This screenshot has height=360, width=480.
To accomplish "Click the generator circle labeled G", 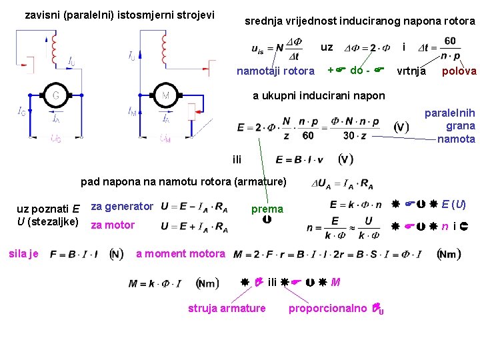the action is point(55,95).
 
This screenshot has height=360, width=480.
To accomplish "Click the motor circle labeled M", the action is point(165,95).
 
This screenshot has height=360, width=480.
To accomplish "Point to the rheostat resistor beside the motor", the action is point(192,111).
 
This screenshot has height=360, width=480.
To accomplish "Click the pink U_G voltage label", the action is point(56,139).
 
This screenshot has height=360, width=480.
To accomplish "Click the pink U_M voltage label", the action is point(165,139).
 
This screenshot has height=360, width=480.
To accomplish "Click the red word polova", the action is point(459,71).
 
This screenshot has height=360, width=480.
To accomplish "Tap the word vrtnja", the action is point(411,71).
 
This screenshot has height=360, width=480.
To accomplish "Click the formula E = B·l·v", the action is point(299,159).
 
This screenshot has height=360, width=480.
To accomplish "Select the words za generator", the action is point(122,207).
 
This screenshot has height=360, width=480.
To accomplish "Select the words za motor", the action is point(113,225).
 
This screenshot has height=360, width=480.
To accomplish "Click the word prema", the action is point(267,209).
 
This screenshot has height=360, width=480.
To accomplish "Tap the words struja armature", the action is point(227,307).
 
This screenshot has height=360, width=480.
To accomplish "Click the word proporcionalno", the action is point(327,307).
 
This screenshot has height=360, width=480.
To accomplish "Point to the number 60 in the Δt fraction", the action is point(450,41).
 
